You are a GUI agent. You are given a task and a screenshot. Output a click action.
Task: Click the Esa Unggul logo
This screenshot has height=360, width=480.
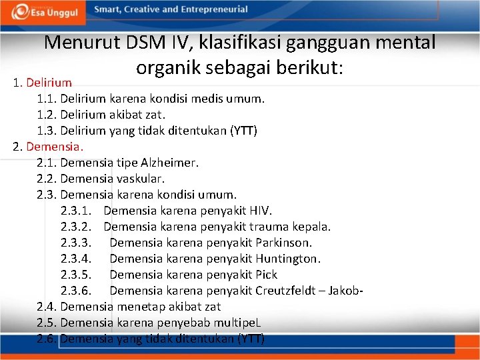tap(43, 11)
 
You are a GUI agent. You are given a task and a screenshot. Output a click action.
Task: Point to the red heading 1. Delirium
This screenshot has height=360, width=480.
tap(43, 83)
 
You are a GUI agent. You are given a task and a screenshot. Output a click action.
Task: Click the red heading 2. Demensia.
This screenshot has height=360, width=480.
tap(47, 146)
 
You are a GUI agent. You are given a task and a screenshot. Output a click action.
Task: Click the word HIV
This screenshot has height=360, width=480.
tap(259, 211)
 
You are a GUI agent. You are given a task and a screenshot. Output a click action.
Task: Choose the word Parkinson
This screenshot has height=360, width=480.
tap(283, 243)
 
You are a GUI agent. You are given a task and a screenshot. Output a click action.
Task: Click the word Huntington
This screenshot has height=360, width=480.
tap(288, 259)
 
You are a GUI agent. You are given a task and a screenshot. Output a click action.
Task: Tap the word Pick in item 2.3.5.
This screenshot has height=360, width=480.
tap(266, 275)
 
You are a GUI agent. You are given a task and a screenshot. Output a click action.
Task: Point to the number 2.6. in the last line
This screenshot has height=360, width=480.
tap(47, 339)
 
